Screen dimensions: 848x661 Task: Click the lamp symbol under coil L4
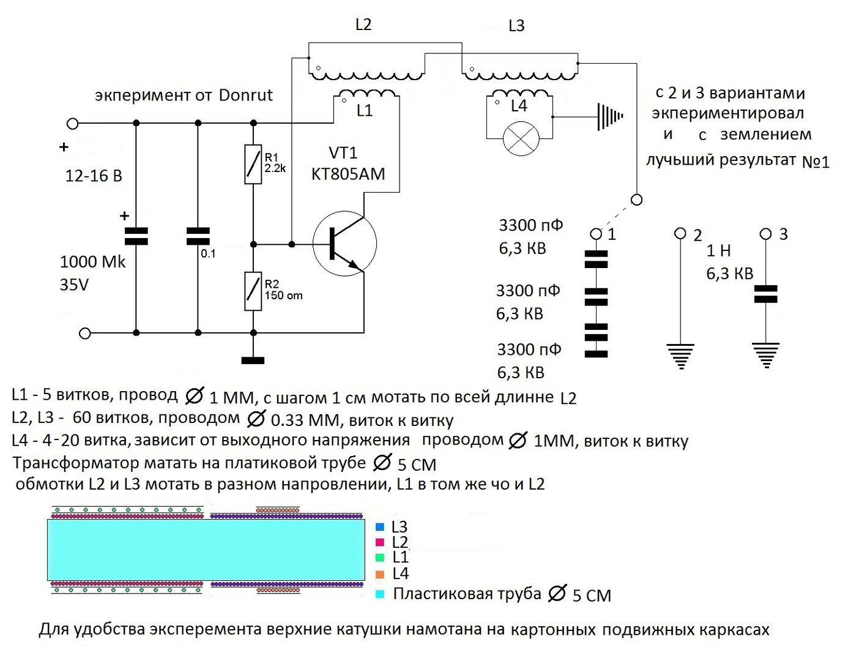click(x=521, y=138)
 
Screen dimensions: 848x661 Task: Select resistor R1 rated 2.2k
click(x=253, y=164)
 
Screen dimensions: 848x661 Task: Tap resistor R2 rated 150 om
click(x=253, y=291)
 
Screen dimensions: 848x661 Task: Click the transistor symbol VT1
click(x=344, y=244)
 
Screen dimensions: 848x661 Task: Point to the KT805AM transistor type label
click(x=348, y=174)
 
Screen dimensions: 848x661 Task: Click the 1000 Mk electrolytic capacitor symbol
click(x=136, y=236)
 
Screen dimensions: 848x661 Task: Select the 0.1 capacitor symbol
click(x=198, y=236)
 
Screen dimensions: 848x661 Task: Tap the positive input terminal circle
click(x=73, y=124)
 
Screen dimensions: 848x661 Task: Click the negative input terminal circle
click(x=84, y=333)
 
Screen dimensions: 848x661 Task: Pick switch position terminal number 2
click(x=680, y=233)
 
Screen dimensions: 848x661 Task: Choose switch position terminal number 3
click(x=765, y=234)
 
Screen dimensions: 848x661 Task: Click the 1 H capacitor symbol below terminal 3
click(x=765, y=294)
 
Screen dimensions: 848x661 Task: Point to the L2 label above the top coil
click(x=363, y=24)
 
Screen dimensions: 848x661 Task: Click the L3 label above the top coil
click(x=516, y=26)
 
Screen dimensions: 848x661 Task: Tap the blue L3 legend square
click(x=380, y=527)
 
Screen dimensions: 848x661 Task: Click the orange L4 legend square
click(x=380, y=574)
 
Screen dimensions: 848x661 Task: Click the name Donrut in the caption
click(x=245, y=95)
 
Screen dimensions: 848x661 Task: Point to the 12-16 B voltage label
click(x=94, y=176)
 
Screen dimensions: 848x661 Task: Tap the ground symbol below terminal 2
click(x=680, y=356)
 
